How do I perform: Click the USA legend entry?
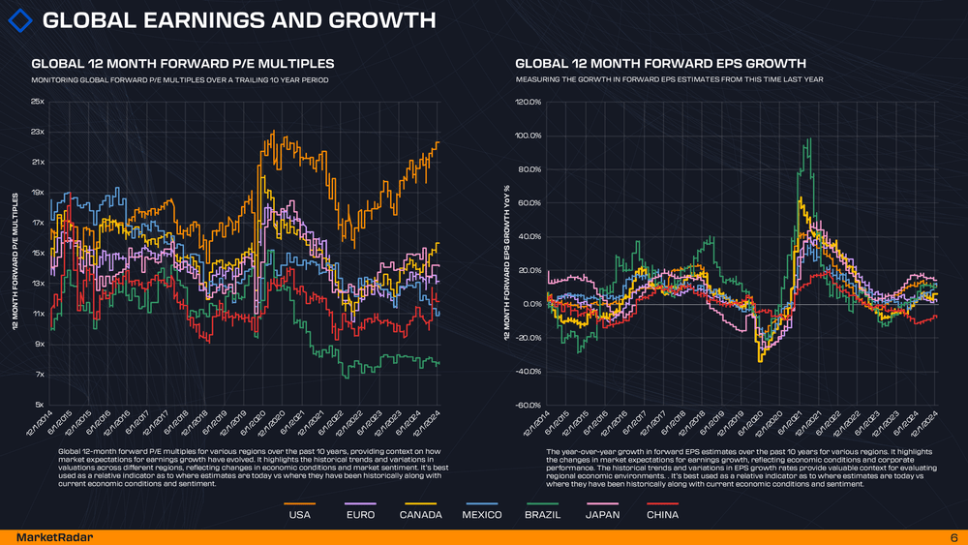click(300, 515)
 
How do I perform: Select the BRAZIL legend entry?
click(542, 515)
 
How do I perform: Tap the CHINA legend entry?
click(662, 515)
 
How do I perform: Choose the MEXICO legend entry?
click(481, 515)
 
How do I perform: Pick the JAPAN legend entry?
click(603, 515)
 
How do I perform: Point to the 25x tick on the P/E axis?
click(38, 101)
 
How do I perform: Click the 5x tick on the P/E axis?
click(39, 405)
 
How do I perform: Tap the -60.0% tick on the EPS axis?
click(528, 405)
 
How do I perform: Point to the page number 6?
click(953, 536)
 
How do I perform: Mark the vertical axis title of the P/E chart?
click(15, 261)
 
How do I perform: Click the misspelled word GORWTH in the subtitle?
click(612, 79)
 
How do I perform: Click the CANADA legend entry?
click(420, 515)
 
